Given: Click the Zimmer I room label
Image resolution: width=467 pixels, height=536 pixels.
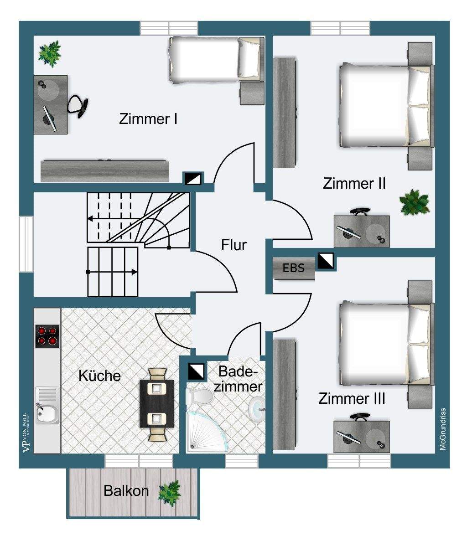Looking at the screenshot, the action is coord(148,119).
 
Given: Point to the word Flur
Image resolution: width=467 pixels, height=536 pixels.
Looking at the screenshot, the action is coord(234,245).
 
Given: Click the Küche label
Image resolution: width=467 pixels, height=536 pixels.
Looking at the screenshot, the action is coord(100,376).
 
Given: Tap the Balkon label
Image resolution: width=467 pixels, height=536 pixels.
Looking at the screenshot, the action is coord(126,491).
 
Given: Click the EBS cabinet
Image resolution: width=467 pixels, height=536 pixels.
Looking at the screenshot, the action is coord(294,268).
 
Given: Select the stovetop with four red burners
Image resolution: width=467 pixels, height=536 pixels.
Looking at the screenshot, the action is coord(47,336).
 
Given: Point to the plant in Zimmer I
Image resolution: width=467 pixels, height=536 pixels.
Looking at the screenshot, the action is coord(50,53).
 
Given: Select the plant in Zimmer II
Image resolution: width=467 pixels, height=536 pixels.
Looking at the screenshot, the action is coord(414,202).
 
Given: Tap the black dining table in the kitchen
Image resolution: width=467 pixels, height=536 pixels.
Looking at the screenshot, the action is coord(157,403).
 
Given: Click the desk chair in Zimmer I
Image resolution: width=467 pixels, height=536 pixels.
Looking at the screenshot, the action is coord(78,105).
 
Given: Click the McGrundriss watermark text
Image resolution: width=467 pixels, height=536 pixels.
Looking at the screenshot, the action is coord(443,429).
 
